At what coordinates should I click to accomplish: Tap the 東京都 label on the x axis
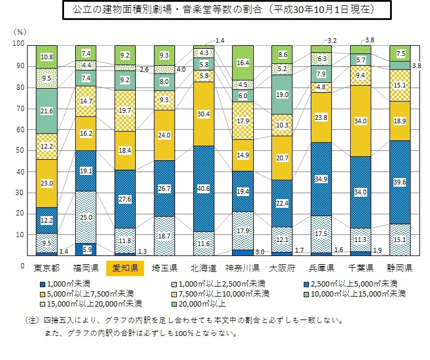tap(46, 269)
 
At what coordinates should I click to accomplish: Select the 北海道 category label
tap(203, 269)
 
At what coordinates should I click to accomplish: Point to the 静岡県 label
tap(400, 269)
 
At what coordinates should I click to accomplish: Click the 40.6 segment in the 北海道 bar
tap(203, 188)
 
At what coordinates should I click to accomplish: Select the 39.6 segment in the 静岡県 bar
tap(400, 182)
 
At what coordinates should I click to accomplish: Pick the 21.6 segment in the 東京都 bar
tap(46, 110)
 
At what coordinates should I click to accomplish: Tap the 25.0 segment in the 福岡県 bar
tap(85, 217)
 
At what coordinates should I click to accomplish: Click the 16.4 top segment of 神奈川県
tap(243, 62)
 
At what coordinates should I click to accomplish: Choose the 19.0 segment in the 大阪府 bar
tap(282, 94)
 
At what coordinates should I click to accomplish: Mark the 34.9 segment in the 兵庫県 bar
tap(321, 179)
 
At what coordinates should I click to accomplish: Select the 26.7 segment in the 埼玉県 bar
tap(164, 188)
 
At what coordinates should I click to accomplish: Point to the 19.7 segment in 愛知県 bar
tap(125, 110)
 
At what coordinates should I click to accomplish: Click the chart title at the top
tap(215, 11)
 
